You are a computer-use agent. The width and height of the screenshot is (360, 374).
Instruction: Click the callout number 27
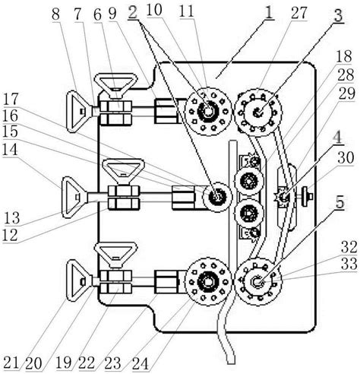pyautogui.click(x=298, y=13)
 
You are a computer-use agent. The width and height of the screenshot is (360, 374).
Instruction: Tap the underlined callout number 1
pyautogui.click(x=268, y=12)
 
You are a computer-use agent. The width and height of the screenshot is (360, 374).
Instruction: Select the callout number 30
pyautogui.click(x=346, y=158)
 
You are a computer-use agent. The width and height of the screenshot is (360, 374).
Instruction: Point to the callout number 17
pyautogui.click(x=11, y=99)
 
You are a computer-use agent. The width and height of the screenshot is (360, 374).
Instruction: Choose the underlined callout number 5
pyautogui.click(x=339, y=202)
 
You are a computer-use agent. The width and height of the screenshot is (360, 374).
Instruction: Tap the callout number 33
pyautogui.click(x=349, y=264)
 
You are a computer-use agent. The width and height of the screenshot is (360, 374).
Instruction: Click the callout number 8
pyautogui.click(x=55, y=14)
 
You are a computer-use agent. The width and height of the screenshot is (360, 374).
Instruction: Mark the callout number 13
pyautogui.click(x=11, y=218)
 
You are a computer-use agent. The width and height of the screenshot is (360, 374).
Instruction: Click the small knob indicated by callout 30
pyautogui.click(x=308, y=196)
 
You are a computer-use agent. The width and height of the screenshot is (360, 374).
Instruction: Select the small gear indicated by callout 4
pyautogui.click(x=283, y=196)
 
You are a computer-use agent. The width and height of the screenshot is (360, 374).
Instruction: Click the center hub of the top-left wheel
pyautogui.click(x=208, y=111)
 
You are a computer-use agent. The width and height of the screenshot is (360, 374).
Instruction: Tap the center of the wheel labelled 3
pyautogui.click(x=258, y=112)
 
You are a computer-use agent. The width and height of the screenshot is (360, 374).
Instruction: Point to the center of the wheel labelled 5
pyautogui.click(x=257, y=281)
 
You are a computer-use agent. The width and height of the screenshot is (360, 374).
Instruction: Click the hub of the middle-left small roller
pyautogui.click(x=217, y=197)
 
